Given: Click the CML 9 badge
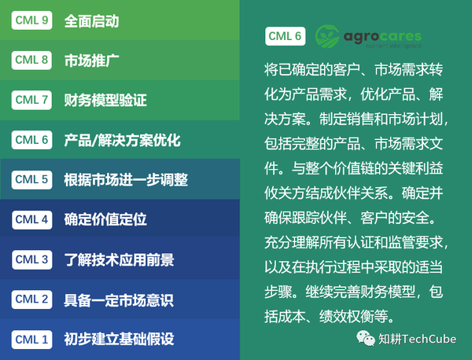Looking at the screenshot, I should point(32,21).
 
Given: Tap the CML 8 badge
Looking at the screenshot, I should point(32,61).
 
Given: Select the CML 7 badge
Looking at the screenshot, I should point(32,100).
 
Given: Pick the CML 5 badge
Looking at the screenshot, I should point(32,179).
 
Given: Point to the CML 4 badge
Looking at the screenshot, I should point(32,219).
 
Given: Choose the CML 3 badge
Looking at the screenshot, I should point(32,259).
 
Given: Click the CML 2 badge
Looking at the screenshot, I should point(32,299).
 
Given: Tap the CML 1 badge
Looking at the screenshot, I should point(32,340).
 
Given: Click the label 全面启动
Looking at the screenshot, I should point(91,21).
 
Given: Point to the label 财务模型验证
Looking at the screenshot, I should point(105,101).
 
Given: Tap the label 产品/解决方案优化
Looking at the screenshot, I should point(122,141).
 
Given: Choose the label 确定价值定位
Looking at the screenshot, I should point(105,220).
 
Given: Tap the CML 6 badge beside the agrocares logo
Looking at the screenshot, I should point(285,35).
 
